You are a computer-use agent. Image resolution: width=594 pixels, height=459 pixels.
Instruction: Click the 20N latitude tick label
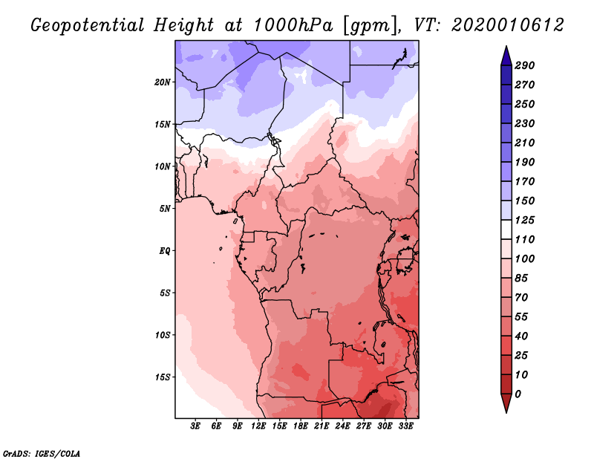pos(163,82)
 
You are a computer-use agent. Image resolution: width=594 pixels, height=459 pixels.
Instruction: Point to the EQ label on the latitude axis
pos(165,250)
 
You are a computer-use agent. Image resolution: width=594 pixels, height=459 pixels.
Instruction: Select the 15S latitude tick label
pos(163,377)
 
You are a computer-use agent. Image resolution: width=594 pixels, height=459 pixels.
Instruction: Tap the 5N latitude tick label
pos(165,209)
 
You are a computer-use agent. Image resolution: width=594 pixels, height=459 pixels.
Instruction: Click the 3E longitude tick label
pos(195,426)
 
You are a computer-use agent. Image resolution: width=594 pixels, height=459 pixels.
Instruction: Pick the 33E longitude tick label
pos(405,426)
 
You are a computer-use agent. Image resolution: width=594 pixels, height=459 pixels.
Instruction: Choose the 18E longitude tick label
pos(301,426)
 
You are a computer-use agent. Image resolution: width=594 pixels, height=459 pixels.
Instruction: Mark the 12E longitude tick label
pos(258,426)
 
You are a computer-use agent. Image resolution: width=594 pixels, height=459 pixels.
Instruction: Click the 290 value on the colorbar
pos(525,65)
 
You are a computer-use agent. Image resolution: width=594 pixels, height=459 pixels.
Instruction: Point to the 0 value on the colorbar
pos(518,394)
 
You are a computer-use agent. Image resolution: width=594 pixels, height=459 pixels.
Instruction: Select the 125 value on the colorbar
pos(525,220)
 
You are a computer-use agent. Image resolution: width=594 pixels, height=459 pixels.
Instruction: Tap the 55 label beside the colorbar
pos(521,317)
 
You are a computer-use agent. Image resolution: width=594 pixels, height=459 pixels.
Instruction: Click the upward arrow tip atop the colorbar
pos(506,46)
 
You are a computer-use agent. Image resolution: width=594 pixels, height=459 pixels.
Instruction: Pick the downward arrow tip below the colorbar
pos(506,412)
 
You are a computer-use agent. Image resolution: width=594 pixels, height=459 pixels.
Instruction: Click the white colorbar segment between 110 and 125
pos(506,229)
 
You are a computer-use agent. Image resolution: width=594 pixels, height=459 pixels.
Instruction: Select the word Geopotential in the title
pos(88,26)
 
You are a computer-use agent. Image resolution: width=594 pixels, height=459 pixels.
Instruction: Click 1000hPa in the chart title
pos(293,25)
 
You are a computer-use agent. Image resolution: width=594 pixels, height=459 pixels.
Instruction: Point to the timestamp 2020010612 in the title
pos(508,25)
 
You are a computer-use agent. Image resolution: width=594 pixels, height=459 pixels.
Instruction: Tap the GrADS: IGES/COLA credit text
pos(42,454)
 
